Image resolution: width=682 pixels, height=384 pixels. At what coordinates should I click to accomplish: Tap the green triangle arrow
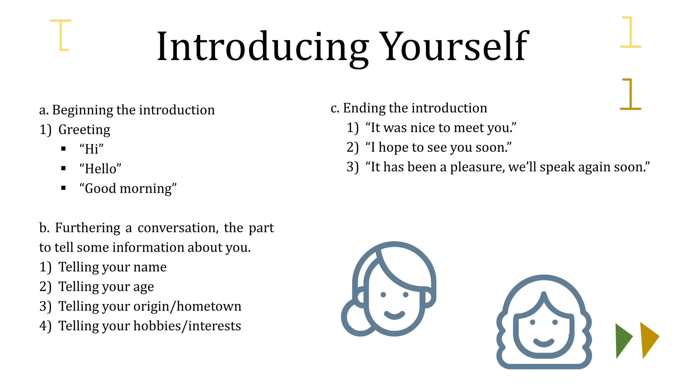[623, 340]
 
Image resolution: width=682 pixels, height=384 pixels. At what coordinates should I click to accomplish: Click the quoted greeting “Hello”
[100, 169]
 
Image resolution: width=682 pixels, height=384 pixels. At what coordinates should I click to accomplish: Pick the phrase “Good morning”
[128, 188]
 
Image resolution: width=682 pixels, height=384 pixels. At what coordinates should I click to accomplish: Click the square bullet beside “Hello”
[64, 168]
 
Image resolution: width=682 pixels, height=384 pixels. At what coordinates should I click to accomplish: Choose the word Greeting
[84, 129]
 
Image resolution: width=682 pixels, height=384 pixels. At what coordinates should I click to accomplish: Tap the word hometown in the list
[209, 306]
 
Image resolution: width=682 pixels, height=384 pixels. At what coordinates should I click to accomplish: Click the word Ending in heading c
[364, 108]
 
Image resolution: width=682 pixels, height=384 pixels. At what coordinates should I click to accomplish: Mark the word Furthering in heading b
[88, 228]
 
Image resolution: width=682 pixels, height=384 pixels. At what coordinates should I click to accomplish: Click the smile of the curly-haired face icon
[543, 342]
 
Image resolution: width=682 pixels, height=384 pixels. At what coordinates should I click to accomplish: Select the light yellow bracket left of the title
[61, 35]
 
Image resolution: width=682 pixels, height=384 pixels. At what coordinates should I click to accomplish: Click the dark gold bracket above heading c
[630, 94]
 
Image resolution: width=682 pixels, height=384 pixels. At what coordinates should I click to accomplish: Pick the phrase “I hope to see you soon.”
[438, 147]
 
